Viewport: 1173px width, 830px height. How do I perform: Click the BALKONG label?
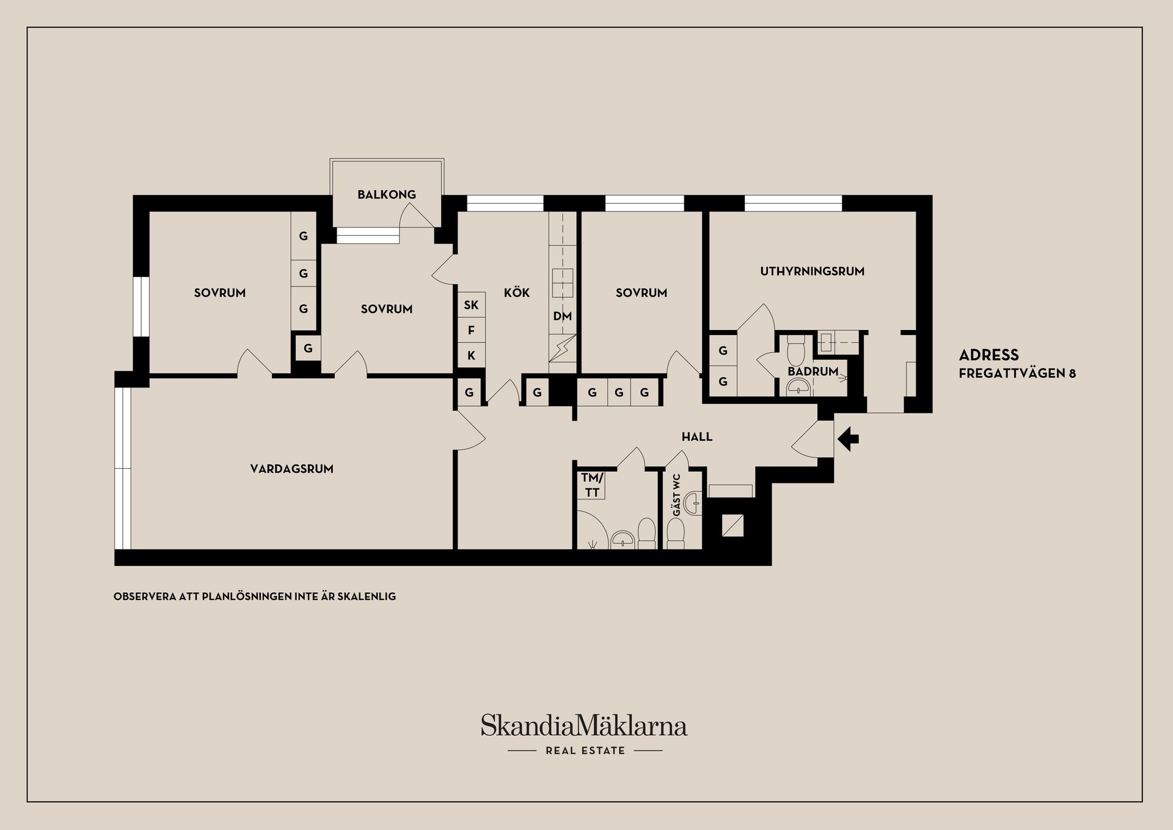coord(387,194)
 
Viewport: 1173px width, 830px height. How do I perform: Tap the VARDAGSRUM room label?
coord(291,469)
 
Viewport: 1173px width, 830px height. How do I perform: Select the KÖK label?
coord(517,292)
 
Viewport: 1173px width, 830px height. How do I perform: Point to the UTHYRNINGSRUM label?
coord(812,271)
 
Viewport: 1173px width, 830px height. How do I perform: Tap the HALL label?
coord(697,436)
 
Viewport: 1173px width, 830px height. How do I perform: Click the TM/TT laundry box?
coord(591,485)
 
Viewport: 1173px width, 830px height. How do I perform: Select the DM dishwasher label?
coord(563,316)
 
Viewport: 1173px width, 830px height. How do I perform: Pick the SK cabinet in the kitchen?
coord(471,304)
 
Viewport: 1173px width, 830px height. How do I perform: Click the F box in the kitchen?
coord(471,330)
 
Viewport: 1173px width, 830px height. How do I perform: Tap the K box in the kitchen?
coord(471,355)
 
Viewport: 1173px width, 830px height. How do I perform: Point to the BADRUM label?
coord(813,371)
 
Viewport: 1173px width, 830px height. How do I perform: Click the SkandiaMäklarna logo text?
coord(584,725)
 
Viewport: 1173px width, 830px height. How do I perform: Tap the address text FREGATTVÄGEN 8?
coord(1017,373)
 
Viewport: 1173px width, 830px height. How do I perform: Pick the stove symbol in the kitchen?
coord(563,280)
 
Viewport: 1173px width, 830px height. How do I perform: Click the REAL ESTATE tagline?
coord(585,751)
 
